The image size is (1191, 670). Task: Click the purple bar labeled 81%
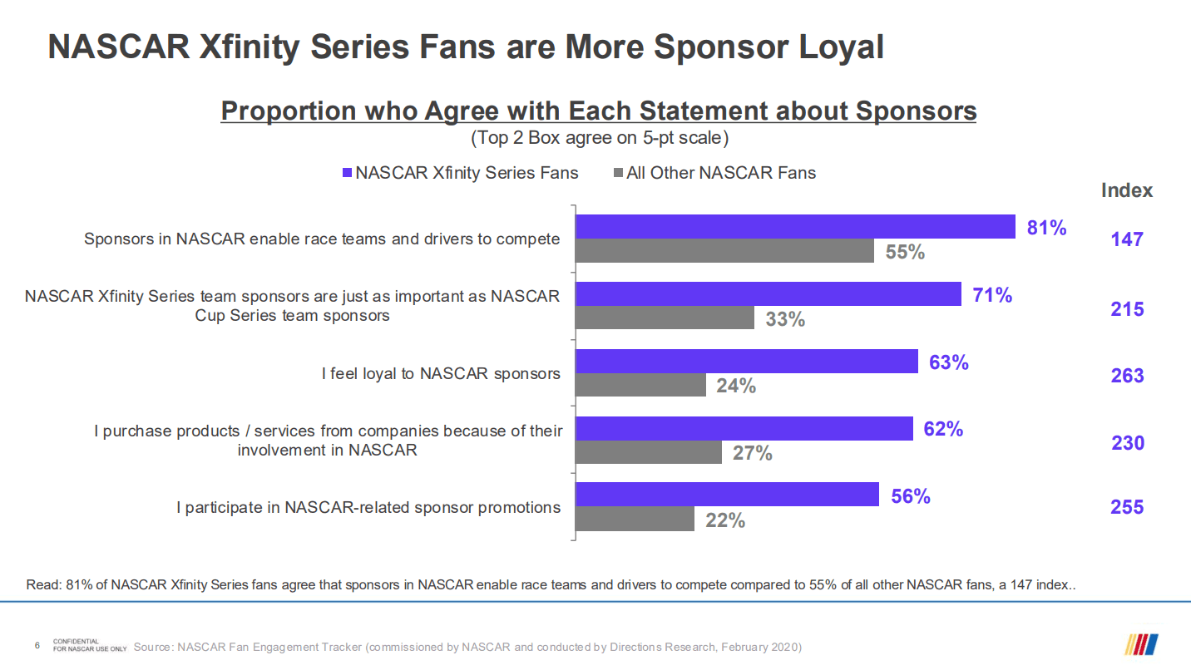click(x=795, y=227)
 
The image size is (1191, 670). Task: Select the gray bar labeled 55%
click(x=724, y=251)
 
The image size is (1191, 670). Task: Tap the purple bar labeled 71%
click(x=768, y=293)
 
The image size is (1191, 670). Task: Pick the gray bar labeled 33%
click(x=665, y=318)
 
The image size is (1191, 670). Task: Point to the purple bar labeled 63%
click(x=747, y=361)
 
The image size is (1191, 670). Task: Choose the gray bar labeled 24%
click(x=640, y=385)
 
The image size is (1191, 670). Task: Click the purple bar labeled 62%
click(x=744, y=428)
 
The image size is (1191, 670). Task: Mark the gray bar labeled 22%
click(x=635, y=520)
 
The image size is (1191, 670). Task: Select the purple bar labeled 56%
click(x=727, y=495)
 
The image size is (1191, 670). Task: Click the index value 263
click(x=1127, y=376)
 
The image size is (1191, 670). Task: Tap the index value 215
click(x=1127, y=309)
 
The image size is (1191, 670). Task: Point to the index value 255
click(x=1127, y=507)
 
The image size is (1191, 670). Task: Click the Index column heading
click(x=1127, y=190)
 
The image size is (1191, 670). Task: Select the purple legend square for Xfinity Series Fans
click(x=348, y=173)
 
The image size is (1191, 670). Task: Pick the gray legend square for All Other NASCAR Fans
click(x=618, y=173)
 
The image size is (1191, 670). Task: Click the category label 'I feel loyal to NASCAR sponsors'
click(x=441, y=374)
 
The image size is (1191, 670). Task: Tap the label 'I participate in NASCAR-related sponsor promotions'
click(x=368, y=507)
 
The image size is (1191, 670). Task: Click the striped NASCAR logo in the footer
click(x=1142, y=644)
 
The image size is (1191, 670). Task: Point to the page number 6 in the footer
click(x=37, y=645)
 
